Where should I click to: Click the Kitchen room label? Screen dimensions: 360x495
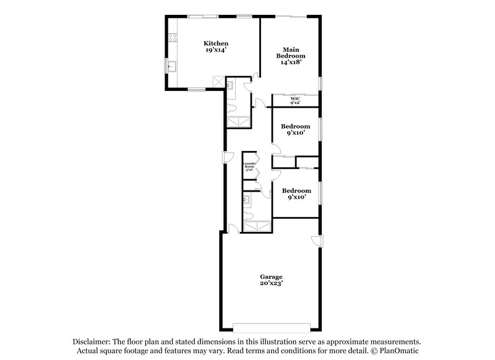click(x=217, y=43)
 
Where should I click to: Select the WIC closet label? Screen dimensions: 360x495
click(x=295, y=99)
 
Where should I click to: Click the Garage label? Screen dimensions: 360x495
click(x=271, y=276)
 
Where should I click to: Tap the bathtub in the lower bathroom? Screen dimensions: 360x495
click(x=256, y=226)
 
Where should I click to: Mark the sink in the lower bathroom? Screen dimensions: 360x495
click(x=247, y=199)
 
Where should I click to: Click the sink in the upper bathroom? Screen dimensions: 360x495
click(x=230, y=86)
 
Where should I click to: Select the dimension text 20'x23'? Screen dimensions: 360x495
click(x=271, y=283)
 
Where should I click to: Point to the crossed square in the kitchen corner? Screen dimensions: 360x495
click(x=217, y=81)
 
